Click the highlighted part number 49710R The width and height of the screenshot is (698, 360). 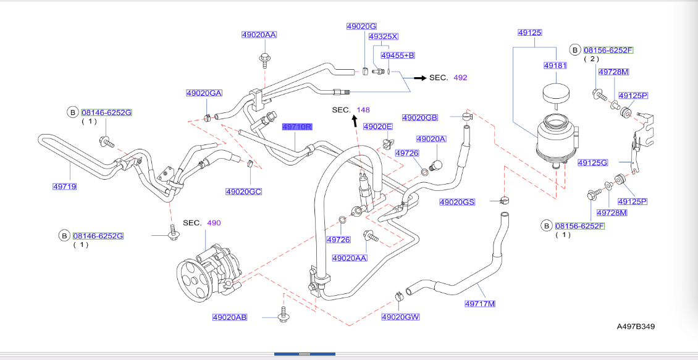click(298, 127)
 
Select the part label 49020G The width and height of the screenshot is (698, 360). click(361, 27)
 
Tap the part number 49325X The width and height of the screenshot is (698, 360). click(383, 37)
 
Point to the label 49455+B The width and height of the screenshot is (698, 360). click(398, 56)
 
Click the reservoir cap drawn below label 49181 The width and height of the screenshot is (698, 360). click(554, 94)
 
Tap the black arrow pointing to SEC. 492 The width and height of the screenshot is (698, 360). click(420, 78)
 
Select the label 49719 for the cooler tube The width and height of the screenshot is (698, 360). click(64, 186)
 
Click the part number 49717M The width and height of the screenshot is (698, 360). click(480, 303)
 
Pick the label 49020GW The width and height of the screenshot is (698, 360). click(400, 317)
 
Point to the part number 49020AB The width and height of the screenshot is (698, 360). click(230, 317)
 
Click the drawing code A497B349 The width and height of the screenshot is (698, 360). click(635, 325)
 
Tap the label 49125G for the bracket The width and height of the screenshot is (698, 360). click(593, 163)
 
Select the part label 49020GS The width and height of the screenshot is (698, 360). click(457, 202)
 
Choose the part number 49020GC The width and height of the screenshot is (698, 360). click(243, 192)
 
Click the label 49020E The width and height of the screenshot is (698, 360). click(377, 127)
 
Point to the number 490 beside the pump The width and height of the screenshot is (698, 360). click(213, 222)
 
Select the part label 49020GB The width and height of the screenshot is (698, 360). click(419, 117)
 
